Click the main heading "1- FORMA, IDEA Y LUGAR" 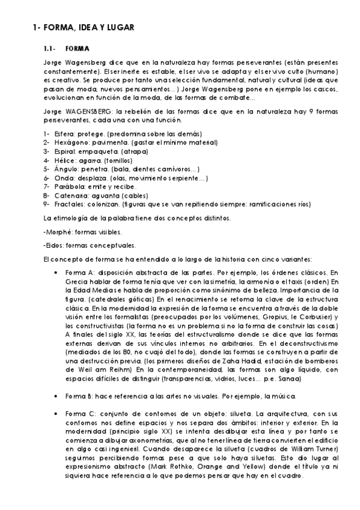click(x=83, y=27)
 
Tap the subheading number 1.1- click(x=50, y=48)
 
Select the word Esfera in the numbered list click(x=61, y=134)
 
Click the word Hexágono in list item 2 click(x=65, y=143)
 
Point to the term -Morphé click(x=57, y=232)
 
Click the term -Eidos click(x=55, y=245)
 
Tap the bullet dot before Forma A click(x=56, y=272)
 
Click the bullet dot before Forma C click(x=56, y=414)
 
